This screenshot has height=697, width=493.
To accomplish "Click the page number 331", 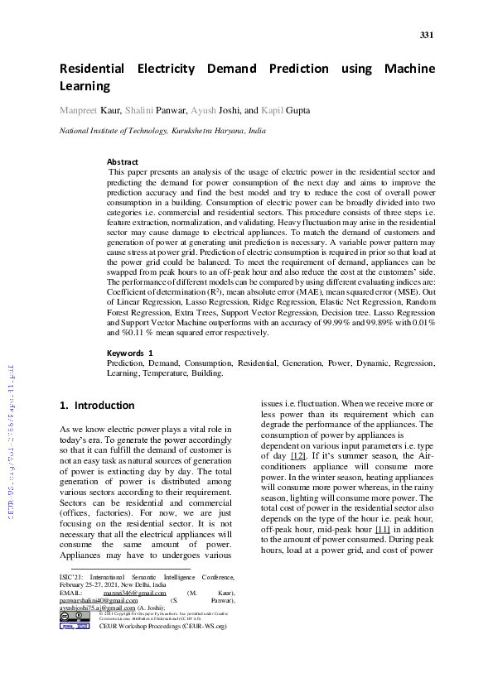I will (x=427, y=35).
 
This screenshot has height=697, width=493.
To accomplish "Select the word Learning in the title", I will (x=85, y=86).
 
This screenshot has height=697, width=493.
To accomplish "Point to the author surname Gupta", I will (x=297, y=110).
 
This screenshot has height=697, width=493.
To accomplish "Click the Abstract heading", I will (x=123, y=162).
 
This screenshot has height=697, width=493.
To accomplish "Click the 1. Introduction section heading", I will (x=97, y=406).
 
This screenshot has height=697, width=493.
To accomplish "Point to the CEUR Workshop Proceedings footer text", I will (x=162, y=627).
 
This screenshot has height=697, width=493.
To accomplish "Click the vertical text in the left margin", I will (x=11, y=439).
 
